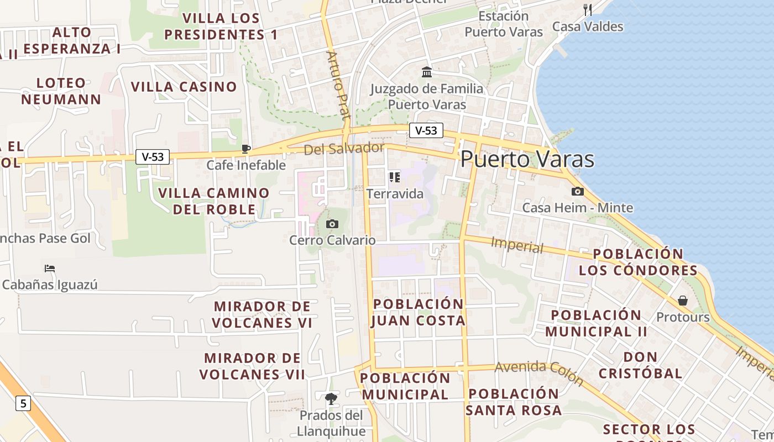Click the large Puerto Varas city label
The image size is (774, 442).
[527, 159]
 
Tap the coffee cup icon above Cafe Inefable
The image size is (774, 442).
[246, 149]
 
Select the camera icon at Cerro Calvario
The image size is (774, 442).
[332, 224]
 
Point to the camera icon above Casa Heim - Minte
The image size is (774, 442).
[578, 191]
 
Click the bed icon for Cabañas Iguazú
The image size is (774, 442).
[50, 269]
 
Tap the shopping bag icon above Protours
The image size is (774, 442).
[683, 301]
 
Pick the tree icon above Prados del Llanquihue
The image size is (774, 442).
[331, 398]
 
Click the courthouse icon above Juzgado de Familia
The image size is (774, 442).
[427, 72]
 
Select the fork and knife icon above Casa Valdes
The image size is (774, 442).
[588, 9]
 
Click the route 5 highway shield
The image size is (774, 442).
[23, 403]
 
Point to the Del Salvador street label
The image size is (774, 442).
[343, 148]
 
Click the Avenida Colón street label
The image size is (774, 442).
[539, 373]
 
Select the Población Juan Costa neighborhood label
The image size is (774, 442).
[419, 312]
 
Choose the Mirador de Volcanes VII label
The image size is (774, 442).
[252, 366]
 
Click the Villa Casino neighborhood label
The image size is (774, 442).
[184, 87]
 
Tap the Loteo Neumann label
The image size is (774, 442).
[61, 91]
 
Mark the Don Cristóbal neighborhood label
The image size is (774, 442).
[641, 365]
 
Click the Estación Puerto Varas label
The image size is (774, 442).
[504, 24]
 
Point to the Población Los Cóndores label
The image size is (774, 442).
[638, 262]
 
